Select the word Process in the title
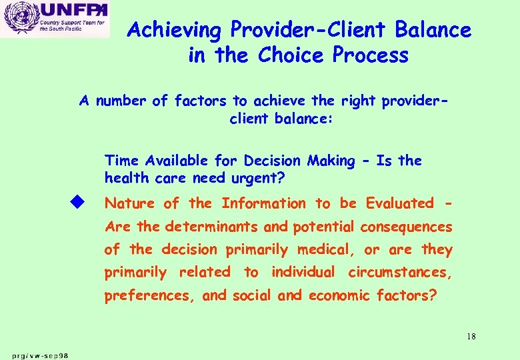click(x=368, y=55)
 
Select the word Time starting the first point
click(x=121, y=161)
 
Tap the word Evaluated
click(x=395, y=203)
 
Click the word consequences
click(x=406, y=227)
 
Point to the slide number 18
click(x=471, y=337)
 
